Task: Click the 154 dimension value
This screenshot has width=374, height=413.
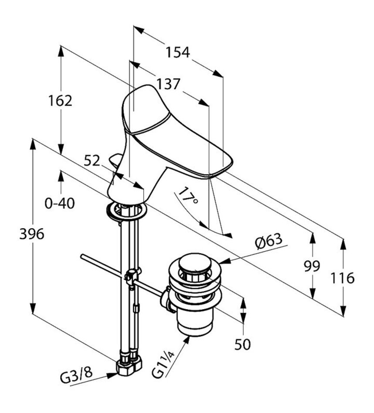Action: [x=178, y=52]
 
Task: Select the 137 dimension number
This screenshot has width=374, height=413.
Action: [x=168, y=84]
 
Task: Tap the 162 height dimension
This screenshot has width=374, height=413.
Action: [x=60, y=100]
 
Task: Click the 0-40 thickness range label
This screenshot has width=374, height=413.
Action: [x=60, y=203]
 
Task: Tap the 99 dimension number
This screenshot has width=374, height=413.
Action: [x=312, y=266]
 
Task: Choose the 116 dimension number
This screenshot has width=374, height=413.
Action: [x=343, y=278]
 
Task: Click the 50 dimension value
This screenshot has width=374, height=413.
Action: [x=243, y=345]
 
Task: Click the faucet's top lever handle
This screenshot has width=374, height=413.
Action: [x=144, y=109]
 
